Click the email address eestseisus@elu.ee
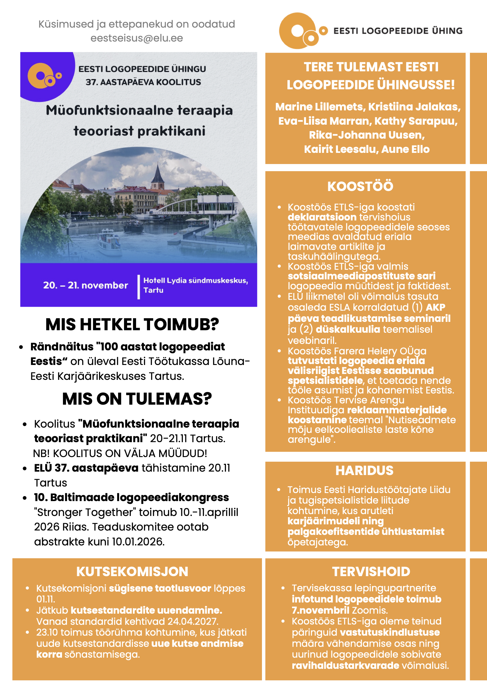136,38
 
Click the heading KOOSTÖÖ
360,186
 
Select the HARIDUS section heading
364,470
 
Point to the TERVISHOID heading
371,571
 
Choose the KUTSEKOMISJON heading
132,571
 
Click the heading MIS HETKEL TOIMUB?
132,325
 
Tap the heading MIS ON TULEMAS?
137,399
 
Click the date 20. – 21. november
86,285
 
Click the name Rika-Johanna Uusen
367,135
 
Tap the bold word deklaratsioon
322,217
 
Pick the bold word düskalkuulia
348,329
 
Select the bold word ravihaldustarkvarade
345,665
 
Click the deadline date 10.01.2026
138,541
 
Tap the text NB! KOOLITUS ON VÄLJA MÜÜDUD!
120,453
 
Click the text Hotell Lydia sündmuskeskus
195,280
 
